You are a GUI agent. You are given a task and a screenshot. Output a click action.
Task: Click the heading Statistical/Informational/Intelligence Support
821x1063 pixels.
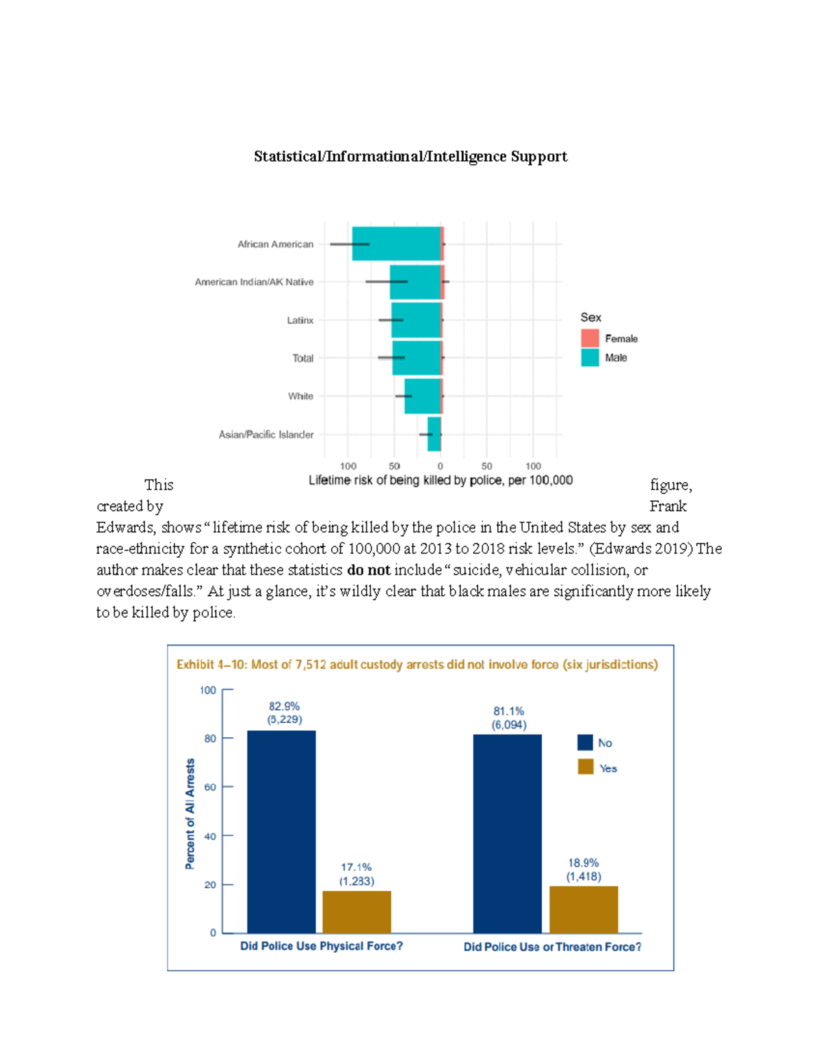click(x=410, y=157)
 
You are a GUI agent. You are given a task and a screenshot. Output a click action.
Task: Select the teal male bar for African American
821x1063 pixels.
click(x=396, y=244)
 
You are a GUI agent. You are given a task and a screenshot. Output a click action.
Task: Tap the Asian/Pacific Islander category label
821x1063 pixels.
click(x=266, y=435)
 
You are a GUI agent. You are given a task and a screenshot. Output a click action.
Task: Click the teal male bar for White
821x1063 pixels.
click(x=422, y=396)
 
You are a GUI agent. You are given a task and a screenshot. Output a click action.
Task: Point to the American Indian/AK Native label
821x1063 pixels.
click(x=254, y=282)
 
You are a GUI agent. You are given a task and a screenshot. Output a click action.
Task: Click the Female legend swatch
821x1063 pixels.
click(x=590, y=338)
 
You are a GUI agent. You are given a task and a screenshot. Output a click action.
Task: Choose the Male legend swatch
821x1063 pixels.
click(x=590, y=357)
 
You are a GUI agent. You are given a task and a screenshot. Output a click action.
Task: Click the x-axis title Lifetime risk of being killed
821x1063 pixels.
click(x=441, y=481)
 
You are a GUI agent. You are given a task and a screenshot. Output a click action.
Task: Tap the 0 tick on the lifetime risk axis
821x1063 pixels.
click(x=440, y=466)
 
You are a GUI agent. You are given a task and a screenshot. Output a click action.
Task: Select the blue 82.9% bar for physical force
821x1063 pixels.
click(x=281, y=831)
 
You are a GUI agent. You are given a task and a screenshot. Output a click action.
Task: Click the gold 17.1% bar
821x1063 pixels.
click(x=356, y=911)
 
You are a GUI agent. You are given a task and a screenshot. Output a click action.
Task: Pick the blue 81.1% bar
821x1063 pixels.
click(x=507, y=833)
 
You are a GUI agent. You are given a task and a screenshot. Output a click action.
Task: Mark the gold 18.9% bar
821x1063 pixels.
click(x=584, y=909)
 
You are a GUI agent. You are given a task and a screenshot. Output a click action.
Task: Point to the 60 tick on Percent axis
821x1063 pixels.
click(x=210, y=787)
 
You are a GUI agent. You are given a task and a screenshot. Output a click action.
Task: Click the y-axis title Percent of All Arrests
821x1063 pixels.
click(x=190, y=813)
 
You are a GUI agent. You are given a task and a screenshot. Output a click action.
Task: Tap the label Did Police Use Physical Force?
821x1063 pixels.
click(x=322, y=946)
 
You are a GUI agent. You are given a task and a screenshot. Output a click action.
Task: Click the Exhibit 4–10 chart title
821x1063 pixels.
click(x=417, y=665)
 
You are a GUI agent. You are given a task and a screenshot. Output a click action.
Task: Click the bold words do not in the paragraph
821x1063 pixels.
click(x=369, y=570)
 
